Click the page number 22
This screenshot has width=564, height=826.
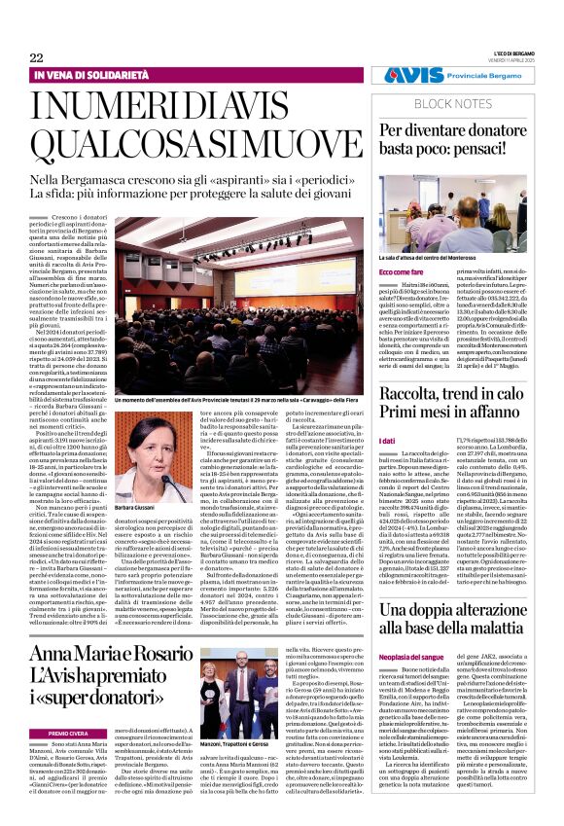pyautogui.click(x=36, y=58)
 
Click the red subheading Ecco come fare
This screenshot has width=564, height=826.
pyautogui.click(x=401, y=270)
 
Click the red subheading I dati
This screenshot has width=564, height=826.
pyautogui.click(x=387, y=441)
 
